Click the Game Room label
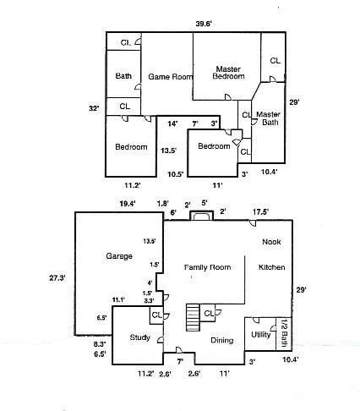pos(166,76)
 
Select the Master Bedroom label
pos(227,73)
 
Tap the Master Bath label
pos(269,119)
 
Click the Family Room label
pos(208,267)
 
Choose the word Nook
pos(271,242)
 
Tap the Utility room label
pos(260,335)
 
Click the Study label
pos(139,338)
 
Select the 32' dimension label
pos(95,108)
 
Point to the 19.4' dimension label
pos(127,203)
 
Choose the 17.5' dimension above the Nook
pos(260,211)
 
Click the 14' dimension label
pos(172,123)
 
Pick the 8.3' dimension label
pos(99,344)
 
